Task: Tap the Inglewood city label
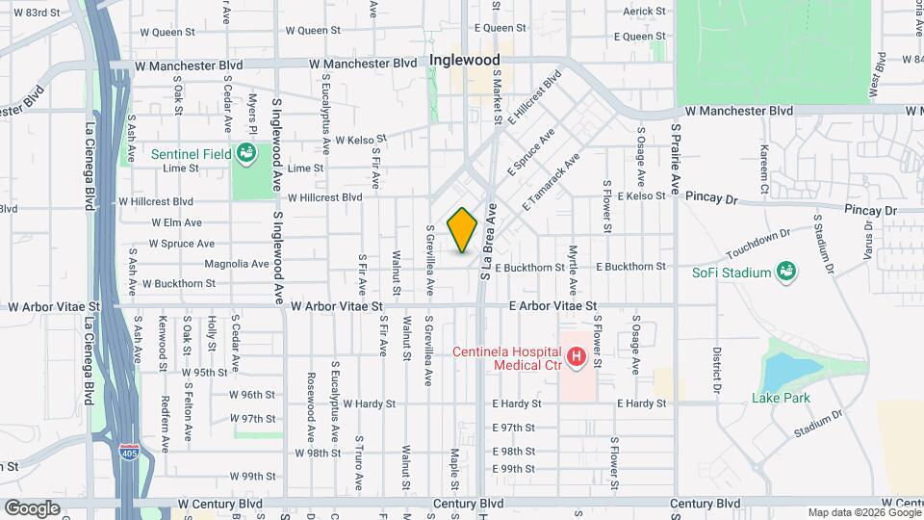(465, 60)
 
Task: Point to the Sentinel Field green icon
(245, 151)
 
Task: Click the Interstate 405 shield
(128, 451)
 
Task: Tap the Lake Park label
(782, 398)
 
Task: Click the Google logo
(32, 507)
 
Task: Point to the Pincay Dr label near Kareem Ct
(711, 200)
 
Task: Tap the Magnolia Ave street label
(236, 264)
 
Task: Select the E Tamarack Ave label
(551, 182)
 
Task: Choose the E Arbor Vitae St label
(553, 306)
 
